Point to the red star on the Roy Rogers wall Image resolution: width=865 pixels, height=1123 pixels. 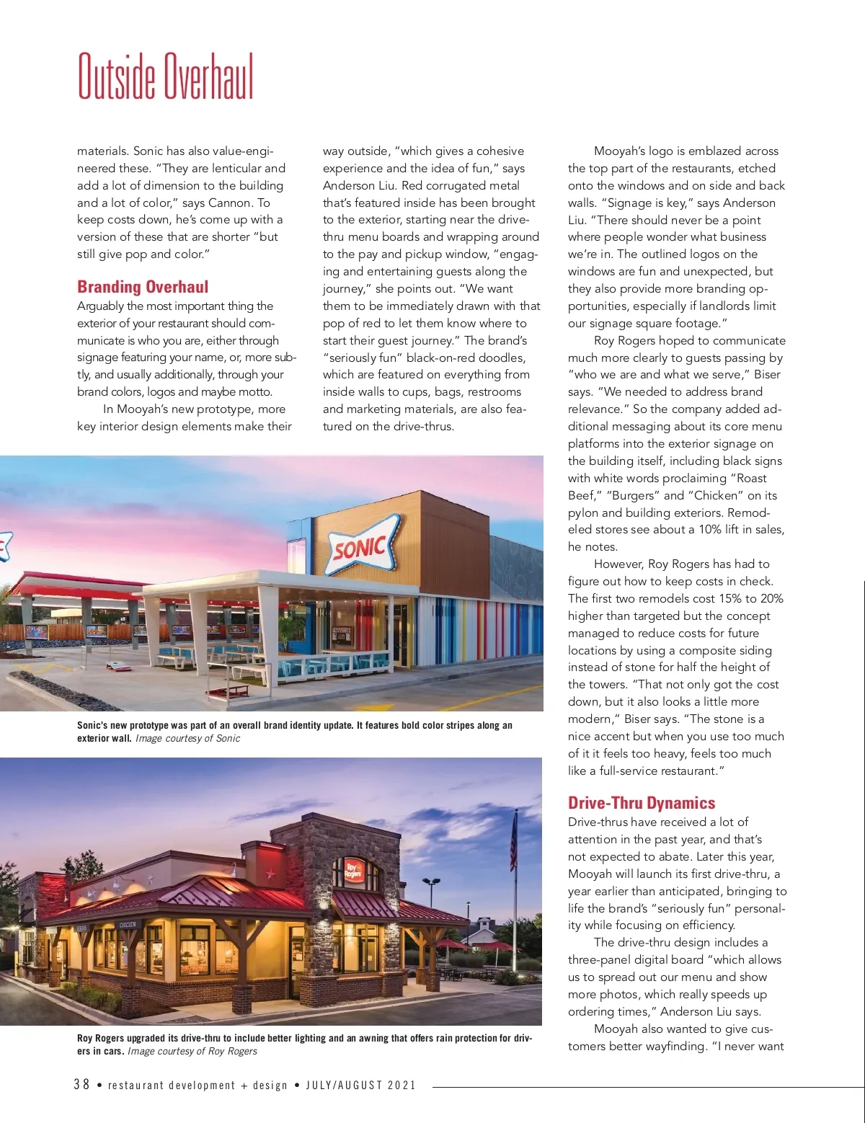271,874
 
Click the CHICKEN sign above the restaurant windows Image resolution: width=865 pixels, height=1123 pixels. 127,924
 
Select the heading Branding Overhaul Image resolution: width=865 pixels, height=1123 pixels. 143,287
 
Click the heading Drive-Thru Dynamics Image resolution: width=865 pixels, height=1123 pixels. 641,803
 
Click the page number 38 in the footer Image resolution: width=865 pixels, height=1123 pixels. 81,1085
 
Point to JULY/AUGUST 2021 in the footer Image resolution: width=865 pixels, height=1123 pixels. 360,1086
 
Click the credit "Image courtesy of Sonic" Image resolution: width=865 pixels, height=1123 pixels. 187,738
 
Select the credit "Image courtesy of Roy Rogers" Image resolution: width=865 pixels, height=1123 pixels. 192,1051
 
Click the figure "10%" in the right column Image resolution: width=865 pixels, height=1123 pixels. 711,529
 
